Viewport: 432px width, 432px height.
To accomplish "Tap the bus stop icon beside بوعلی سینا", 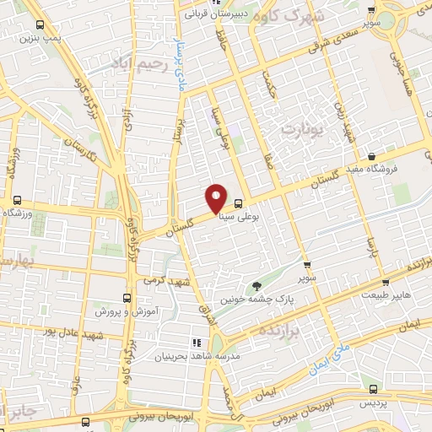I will click(x=239, y=203).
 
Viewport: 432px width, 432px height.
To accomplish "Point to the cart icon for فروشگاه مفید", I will click(x=372, y=155).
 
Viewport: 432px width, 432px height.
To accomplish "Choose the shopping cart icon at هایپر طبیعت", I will click(x=385, y=282).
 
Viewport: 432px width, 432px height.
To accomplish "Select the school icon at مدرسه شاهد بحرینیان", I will click(x=195, y=343).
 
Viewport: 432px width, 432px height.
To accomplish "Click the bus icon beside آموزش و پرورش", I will click(x=127, y=298).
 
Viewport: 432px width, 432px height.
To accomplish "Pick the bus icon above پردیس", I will click(x=375, y=390).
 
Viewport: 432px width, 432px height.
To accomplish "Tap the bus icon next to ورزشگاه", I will click(x=17, y=200).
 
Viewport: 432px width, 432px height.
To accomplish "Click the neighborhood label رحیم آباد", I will click(x=138, y=62).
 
